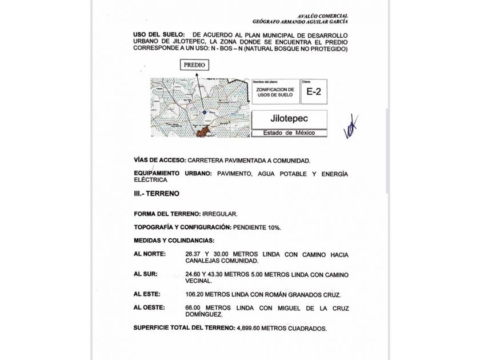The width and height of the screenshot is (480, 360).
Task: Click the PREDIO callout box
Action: (x=195, y=65)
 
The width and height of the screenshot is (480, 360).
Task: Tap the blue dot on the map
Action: (x=204, y=112)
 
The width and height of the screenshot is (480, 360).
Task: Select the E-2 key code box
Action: (x=314, y=91)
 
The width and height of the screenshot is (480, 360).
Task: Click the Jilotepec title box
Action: (x=289, y=119)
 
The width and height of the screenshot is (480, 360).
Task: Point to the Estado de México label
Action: (x=289, y=133)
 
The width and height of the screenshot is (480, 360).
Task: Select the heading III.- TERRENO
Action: (x=156, y=194)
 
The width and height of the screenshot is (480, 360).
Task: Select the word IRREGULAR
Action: (x=219, y=214)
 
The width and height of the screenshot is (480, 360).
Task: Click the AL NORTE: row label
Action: (x=150, y=254)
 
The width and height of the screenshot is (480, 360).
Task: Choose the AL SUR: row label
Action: (x=146, y=274)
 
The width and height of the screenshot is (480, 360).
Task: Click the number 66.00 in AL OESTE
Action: (x=193, y=308)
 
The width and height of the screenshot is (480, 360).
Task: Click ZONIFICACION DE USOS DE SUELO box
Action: (x=275, y=92)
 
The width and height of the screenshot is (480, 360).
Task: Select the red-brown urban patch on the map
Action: (x=202, y=132)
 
